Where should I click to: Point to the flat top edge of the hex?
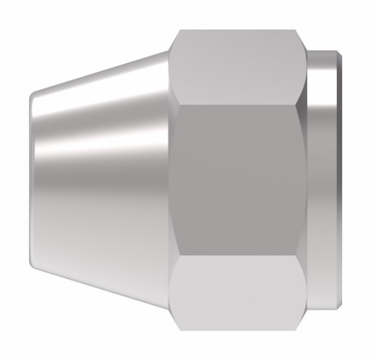tap(236, 31)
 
